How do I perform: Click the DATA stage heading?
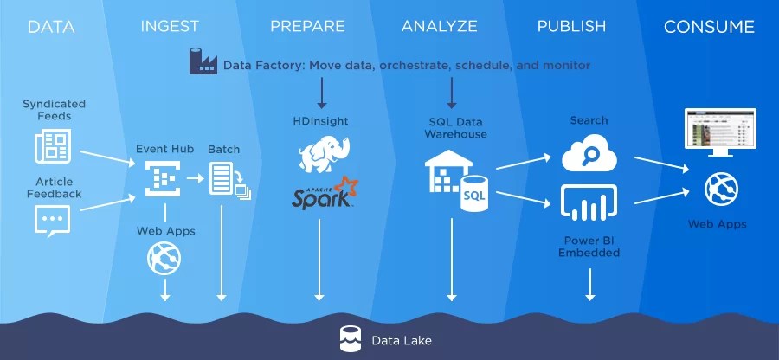51,27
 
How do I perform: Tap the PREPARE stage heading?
309,27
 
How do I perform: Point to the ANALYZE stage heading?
439,27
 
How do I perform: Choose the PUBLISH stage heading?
571,27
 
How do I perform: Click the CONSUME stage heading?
709,27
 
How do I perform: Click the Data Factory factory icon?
203,62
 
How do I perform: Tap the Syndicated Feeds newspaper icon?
52,146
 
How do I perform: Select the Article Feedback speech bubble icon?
52,220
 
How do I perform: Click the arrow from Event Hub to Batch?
196,178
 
